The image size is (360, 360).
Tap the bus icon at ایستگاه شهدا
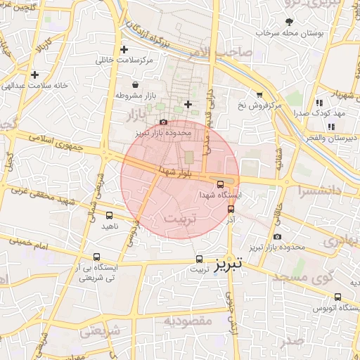pyautogui.click(x=220, y=184)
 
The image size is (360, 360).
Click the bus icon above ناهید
pyautogui.click(x=109, y=215)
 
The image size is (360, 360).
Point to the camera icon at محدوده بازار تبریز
pyautogui.click(x=163, y=122)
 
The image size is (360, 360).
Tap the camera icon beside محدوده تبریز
pyautogui.click(x=277, y=237)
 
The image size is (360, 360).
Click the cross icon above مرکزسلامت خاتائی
pyautogui.click(x=124, y=49)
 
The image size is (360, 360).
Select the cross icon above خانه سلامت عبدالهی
pyautogui.click(x=34, y=75)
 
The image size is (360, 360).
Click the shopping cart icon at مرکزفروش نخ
pyautogui.click(x=259, y=95)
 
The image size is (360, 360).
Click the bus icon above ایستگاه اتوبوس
pyautogui.click(x=338, y=297)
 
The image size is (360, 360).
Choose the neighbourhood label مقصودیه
pyautogui.click(x=188, y=321)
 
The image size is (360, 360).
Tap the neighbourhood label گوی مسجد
pyautogui.click(x=329, y=278)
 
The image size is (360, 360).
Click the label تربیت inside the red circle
pyautogui.click(x=181, y=219)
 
